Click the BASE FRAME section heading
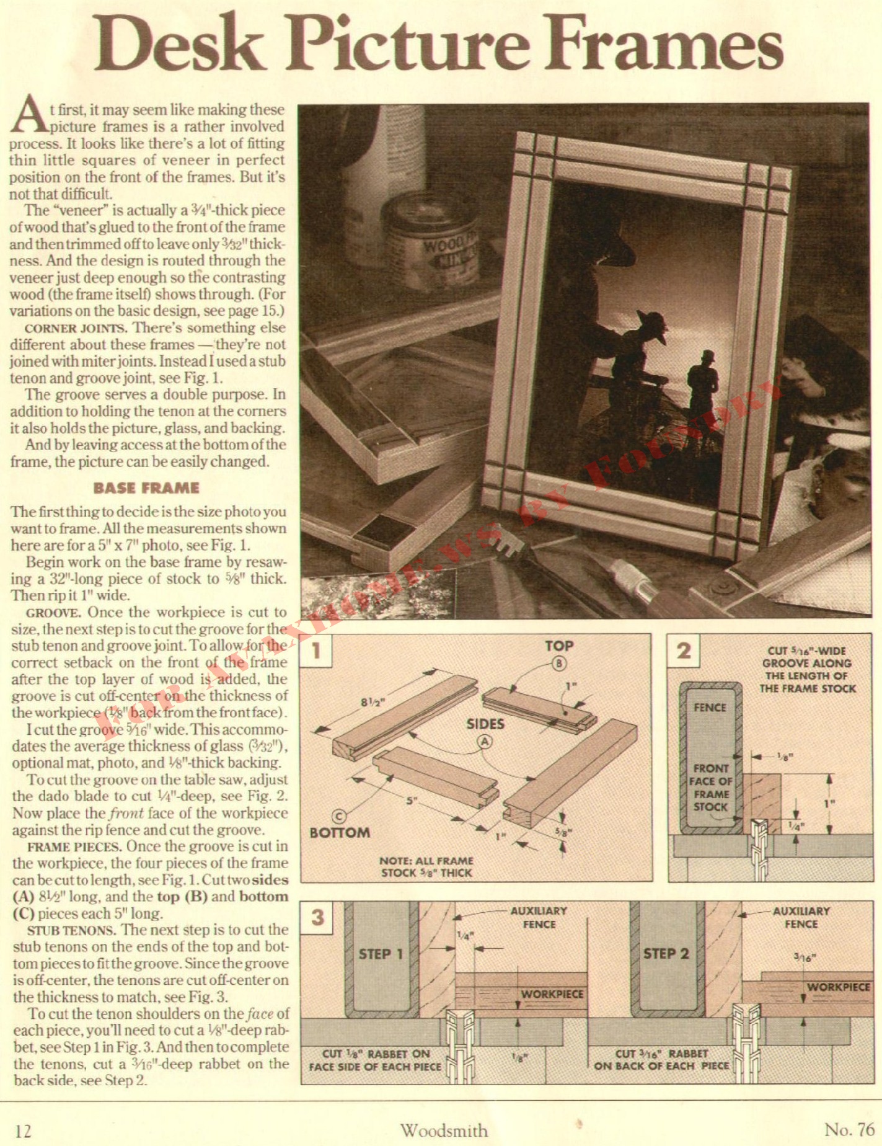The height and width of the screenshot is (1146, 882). pos(146,488)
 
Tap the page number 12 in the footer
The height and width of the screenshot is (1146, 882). pos(23,1130)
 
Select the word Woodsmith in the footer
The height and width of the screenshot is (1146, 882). pos(444,1130)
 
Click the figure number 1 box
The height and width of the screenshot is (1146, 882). pos(317,651)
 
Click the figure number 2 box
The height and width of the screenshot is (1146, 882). pos(684,651)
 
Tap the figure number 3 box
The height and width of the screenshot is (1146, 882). pos(317,917)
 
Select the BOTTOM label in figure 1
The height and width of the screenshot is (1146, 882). pos(340,832)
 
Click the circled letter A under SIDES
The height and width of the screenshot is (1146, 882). pos(485,741)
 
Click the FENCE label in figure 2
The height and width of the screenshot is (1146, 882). pos(710,707)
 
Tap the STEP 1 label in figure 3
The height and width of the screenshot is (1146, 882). pos(381,954)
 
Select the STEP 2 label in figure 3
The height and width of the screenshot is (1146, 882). pos(666,954)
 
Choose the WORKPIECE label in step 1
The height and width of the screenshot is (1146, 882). pos(552,994)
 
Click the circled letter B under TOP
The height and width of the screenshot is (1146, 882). pos(558,664)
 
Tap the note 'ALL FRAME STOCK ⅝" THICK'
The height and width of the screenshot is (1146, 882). pos(426,867)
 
